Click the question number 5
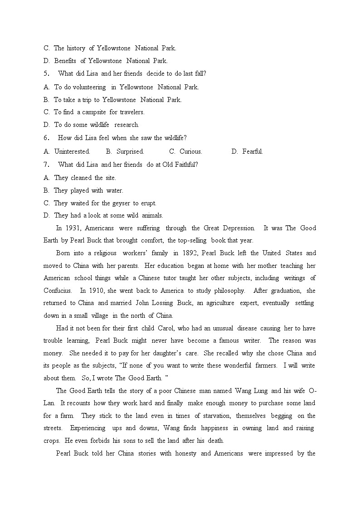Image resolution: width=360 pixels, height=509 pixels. [x=46, y=73]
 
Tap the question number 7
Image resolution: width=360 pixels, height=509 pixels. [x=46, y=165]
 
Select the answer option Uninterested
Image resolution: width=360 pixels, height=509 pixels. [x=72, y=151]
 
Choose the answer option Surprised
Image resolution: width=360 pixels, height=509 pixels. [x=130, y=151]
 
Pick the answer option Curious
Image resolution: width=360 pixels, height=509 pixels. [x=190, y=151]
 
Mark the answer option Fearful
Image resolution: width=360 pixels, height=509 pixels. [x=253, y=151]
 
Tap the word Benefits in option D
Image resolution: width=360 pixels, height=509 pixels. [x=65, y=61]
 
